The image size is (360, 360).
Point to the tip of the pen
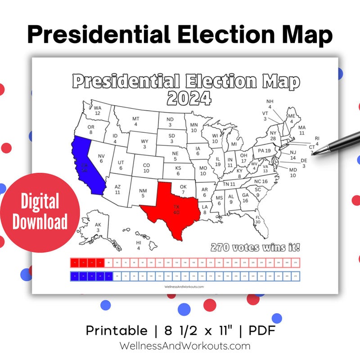point(314,153)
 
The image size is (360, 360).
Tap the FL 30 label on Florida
point(258,219)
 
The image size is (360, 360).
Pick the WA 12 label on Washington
point(97,111)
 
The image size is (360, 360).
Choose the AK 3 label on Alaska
point(98,228)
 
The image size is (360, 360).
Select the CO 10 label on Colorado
point(146,168)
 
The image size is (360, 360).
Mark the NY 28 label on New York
point(273,135)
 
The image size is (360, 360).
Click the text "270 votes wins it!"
point(255,247)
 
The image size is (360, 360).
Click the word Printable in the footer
point(117,331)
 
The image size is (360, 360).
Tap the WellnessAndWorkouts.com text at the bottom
point(184,346)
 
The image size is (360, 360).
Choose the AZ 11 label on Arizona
point(117,189)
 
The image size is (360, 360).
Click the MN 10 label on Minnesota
point(194,127)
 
